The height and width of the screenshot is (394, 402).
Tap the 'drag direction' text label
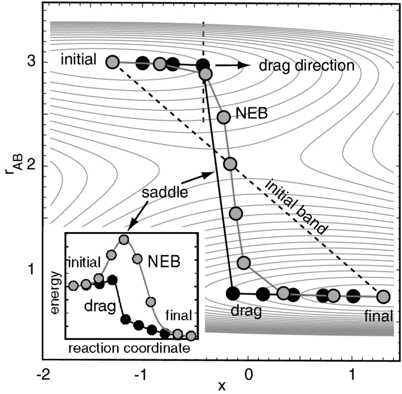point(306,65)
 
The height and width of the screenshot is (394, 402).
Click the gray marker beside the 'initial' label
point(113,62)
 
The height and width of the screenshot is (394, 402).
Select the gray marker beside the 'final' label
point(383,296)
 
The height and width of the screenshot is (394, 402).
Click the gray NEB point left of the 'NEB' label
point(223,117)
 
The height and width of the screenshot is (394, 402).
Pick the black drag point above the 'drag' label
point(233,293)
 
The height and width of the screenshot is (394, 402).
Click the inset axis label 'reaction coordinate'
point(129,348)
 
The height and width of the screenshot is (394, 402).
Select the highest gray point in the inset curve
point(123,240)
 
